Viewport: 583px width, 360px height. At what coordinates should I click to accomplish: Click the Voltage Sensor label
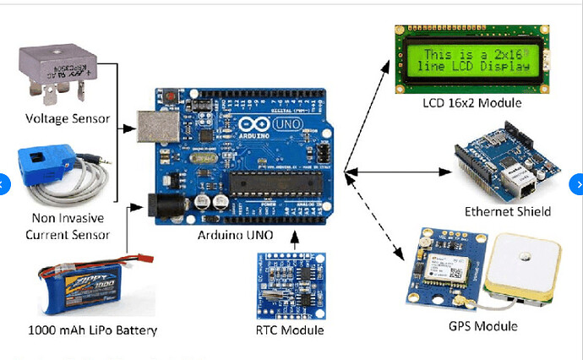[x=68, y=118]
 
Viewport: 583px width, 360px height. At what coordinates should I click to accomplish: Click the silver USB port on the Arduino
[x=159, y=128]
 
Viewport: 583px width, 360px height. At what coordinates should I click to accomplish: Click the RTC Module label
[x=289, y=330]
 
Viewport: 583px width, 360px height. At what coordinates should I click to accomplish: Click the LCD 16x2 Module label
[x=472, y=103]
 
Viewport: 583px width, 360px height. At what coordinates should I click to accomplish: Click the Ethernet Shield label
[x=508, y=211]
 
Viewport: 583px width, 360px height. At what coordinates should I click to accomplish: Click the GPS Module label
[x=484, y=325]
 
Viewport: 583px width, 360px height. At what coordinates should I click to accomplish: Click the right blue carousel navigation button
[x=578, y=183]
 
